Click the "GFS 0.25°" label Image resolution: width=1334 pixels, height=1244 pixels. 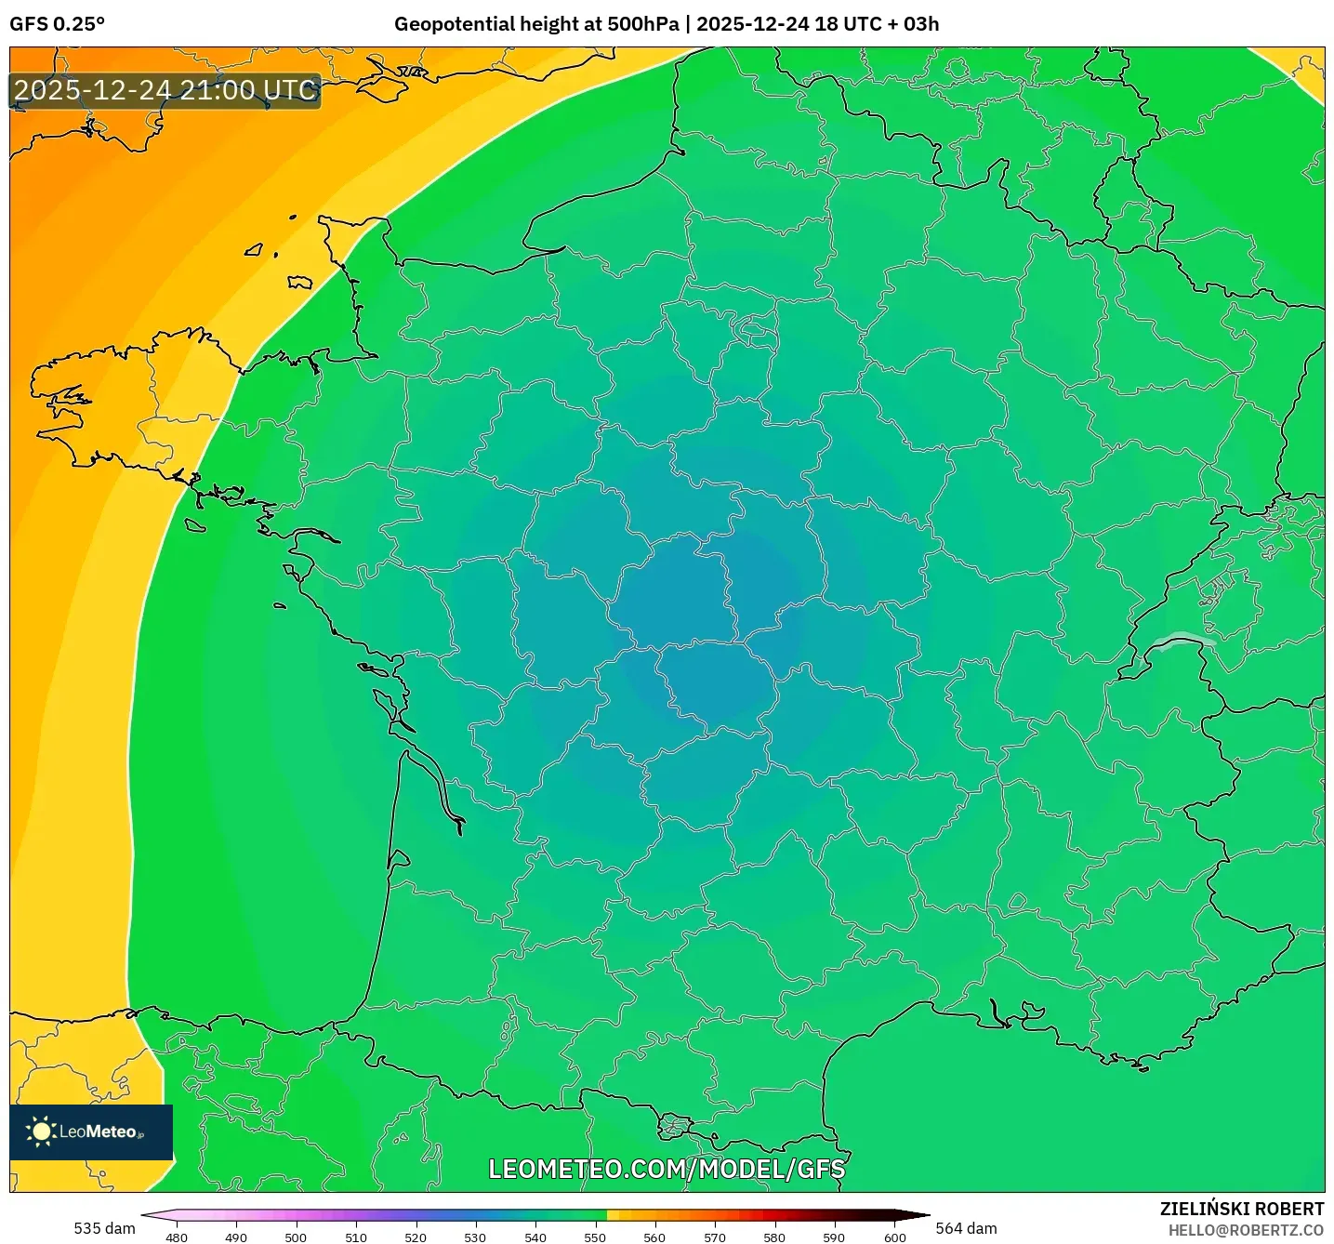point(57,24)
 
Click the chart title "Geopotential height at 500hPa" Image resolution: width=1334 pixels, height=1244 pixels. point(536,24)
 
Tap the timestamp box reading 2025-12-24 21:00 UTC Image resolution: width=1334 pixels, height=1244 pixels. point(165,91)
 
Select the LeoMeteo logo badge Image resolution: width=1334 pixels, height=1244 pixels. point(91,1132)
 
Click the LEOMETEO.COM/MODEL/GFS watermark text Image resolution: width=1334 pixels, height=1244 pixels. point(667,1169)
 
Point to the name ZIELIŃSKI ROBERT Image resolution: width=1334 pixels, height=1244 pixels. point(1241,1209)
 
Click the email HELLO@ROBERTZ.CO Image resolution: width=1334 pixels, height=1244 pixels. point(1246,1230)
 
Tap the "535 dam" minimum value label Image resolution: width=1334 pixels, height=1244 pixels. point(104,1228)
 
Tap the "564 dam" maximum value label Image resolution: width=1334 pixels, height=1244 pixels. point(966,1228)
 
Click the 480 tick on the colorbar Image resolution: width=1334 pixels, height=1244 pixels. point(177,1237)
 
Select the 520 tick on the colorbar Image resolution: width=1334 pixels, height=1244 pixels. point(416,1237)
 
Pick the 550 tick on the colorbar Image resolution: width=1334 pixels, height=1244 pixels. point(595,1237)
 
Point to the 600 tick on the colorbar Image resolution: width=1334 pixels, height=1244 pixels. point(894,1237)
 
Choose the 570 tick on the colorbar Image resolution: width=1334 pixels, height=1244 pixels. point(715,1237)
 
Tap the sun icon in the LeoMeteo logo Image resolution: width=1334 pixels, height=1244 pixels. point(41,1132)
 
